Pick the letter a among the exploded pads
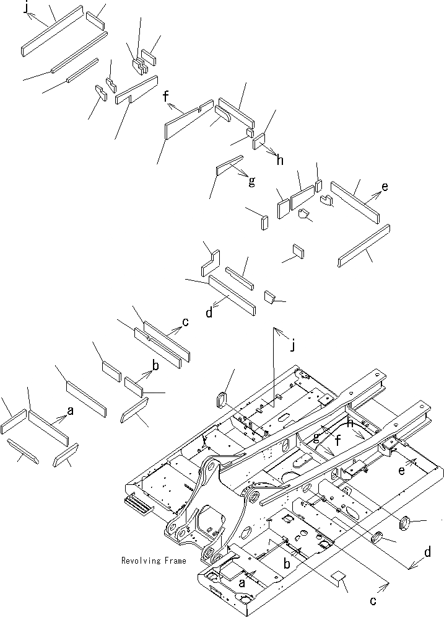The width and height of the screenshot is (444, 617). pyautogui.click(x=69, y=411)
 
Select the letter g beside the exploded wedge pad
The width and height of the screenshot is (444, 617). pyautogui.click(x=251, y=182)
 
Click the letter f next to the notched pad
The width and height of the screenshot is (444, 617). pyautogui.click(x=165, y=97)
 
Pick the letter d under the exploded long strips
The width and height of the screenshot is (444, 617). pyautogui.click(x=209, y=313)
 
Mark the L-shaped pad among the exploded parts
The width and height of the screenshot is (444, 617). pyautogui.click(x=208, y=263)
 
